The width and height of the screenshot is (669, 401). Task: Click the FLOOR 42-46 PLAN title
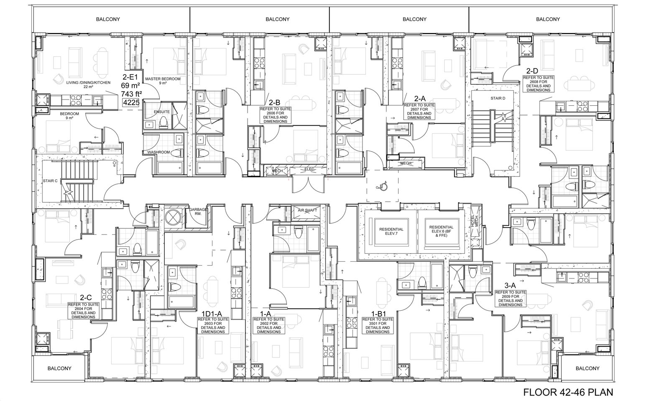(568, 392)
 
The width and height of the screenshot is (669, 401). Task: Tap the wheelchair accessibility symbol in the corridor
(383, 186)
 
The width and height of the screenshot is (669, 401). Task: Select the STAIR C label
(50, 181)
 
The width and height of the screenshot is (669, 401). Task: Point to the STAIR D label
(498, 98)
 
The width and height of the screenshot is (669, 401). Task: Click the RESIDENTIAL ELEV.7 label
(391, 231)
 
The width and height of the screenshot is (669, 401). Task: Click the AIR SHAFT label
(307, 210)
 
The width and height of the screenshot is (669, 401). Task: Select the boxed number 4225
(131, 102)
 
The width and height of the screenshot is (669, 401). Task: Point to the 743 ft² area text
(131, 94)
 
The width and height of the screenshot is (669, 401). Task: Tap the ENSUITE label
(161, 112)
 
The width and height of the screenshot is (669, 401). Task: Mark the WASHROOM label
(158, 152)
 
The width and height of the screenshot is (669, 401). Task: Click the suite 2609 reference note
(511, 298)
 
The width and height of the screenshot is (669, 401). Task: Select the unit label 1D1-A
(212, 314)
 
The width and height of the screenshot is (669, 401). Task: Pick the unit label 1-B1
(379, 314)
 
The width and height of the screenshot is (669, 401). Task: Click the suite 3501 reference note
(378, 325)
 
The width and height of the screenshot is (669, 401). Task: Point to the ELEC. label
(309, 169)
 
